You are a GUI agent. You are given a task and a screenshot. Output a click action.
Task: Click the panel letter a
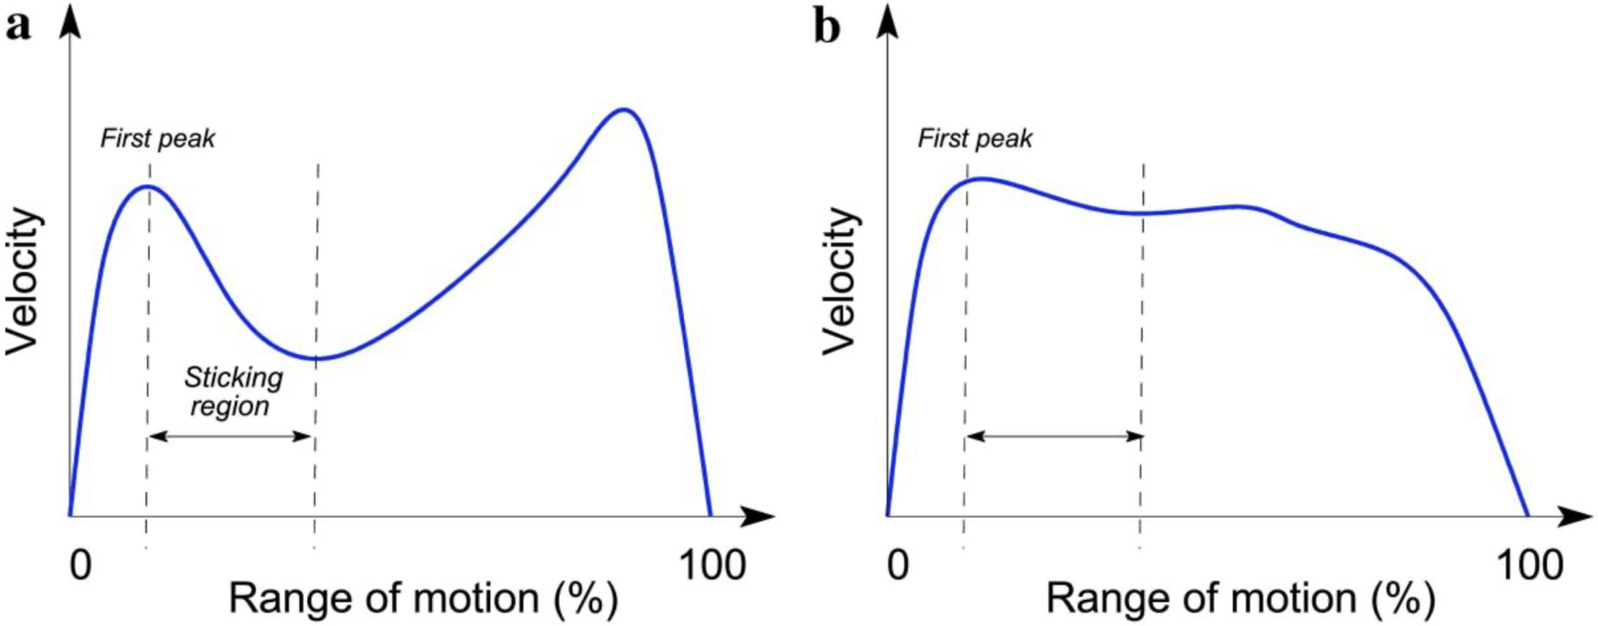(17, 27)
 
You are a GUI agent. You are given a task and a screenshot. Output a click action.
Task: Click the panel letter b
(826, 27)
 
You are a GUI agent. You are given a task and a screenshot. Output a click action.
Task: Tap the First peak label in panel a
(158, 139)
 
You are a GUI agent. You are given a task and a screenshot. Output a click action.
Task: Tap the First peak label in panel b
(975, 139)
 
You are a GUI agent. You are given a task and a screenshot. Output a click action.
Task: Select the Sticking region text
(232, 392)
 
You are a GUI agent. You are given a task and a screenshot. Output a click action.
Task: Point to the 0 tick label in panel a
(81, 566)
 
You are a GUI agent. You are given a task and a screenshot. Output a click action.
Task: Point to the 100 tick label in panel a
(712, 566)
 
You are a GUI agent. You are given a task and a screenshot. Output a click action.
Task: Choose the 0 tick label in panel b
(898, 566)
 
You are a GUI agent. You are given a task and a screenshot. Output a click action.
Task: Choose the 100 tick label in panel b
(1530, 566)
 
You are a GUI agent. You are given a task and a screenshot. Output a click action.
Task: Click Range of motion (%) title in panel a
(424, 598)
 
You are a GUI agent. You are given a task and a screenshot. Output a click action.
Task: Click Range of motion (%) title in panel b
(1241, 598)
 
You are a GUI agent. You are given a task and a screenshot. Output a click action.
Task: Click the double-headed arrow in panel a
(230, 437)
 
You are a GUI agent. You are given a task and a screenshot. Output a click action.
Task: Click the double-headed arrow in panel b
(1054, 437)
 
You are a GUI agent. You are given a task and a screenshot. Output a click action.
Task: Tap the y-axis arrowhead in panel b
(888, 20)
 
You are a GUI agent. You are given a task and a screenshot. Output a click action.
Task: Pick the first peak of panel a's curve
(147, 187)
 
